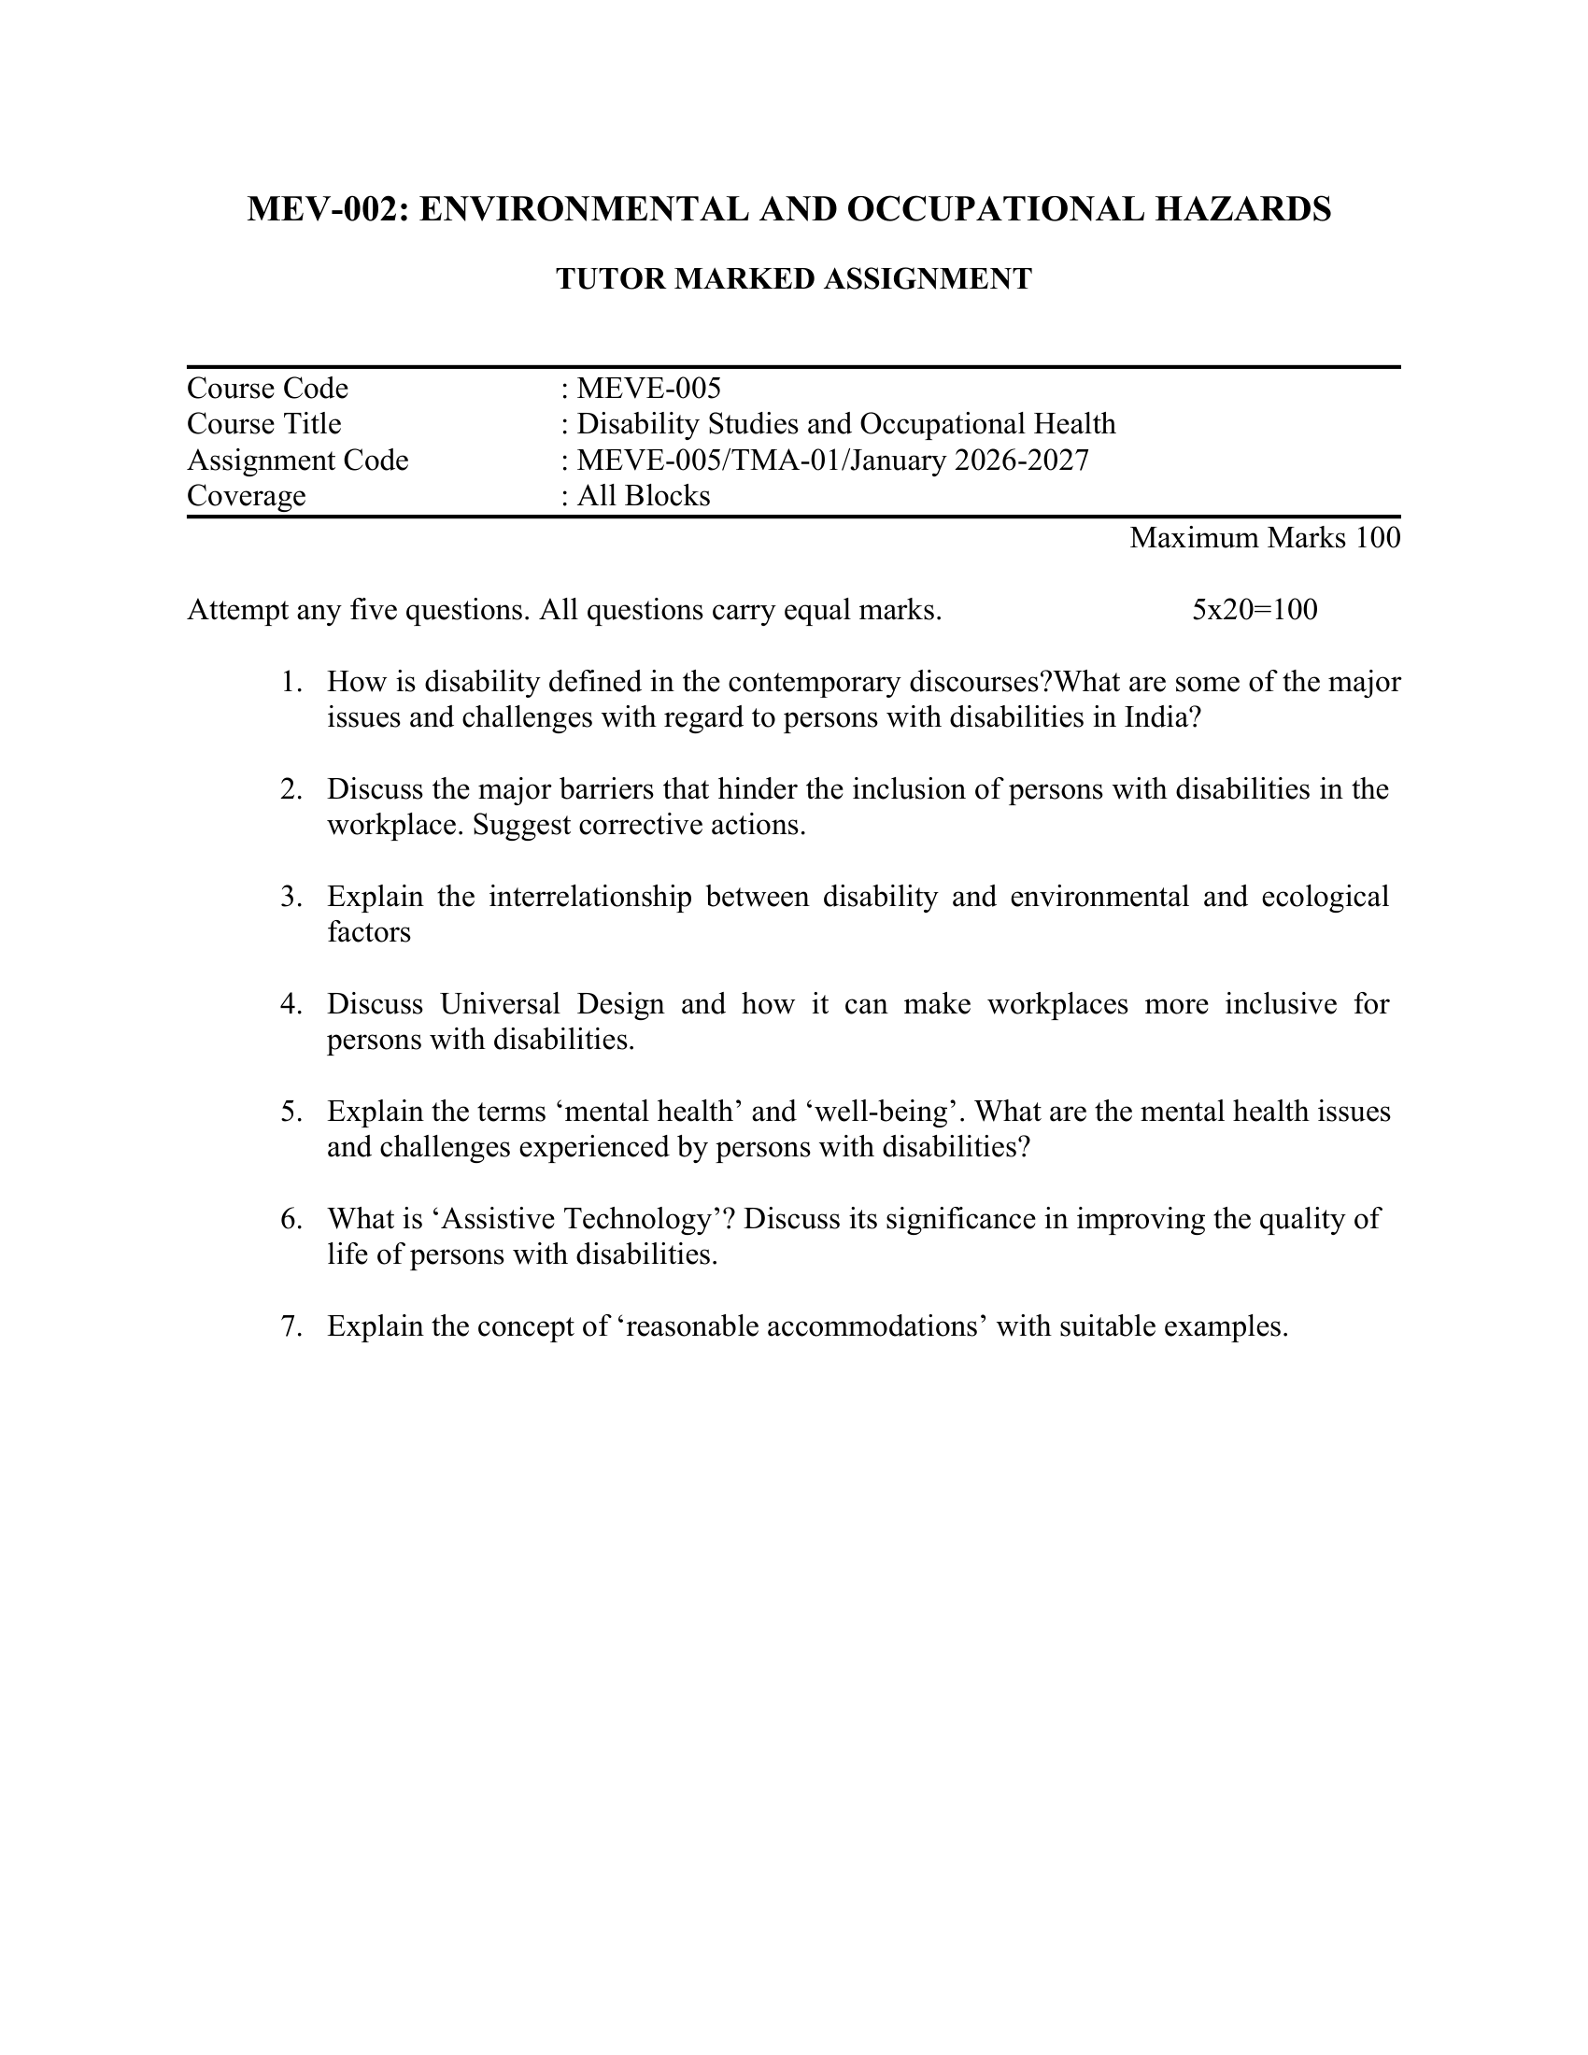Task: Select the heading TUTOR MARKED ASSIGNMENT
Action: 794,279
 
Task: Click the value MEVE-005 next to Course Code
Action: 648,388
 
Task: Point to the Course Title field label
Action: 264,423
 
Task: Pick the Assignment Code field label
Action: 297,461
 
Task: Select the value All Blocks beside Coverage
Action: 644,496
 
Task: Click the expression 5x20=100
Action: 1254,610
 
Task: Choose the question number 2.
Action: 291,789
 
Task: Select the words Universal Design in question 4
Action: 552,1004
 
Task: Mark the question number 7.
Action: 291,1326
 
